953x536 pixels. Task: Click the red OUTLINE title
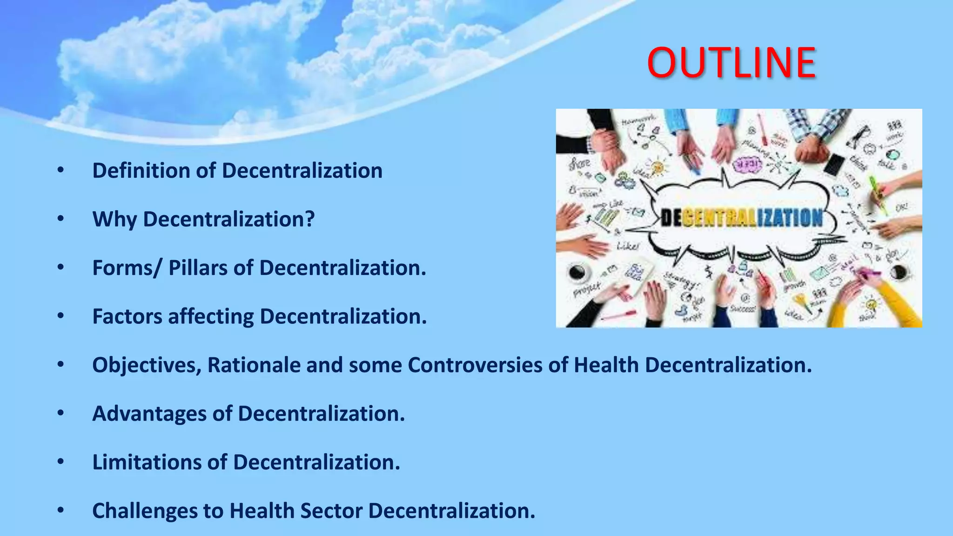pyautogui.click(x=731, y=63)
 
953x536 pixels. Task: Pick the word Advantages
pyautogui.click(x=149, y=414)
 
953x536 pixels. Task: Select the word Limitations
pyautogui.click(x=147, y=462)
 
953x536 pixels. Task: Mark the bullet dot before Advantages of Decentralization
pyautogui.click(x=60, y=413)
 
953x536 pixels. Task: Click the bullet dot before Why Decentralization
pyautogui.click(x=60, y=219)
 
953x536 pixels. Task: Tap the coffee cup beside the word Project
pyautogui.click(x=577, y=272)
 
